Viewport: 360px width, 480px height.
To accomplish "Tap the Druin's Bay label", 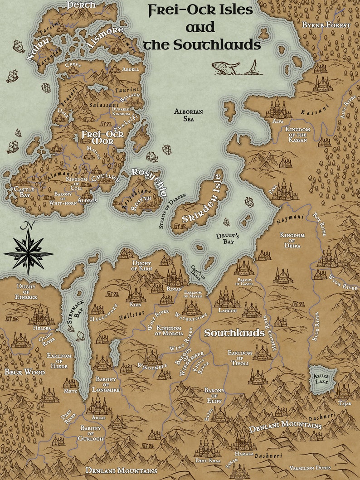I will click(x=237, y=238).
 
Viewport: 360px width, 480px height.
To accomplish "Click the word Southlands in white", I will click(x=234, y=333).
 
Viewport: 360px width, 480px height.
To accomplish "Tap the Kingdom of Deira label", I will click(x=292, y=238).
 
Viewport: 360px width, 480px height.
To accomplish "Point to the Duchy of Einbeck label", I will click(x=27, y=292).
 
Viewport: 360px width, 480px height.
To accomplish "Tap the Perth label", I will click(x=81, y=5).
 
